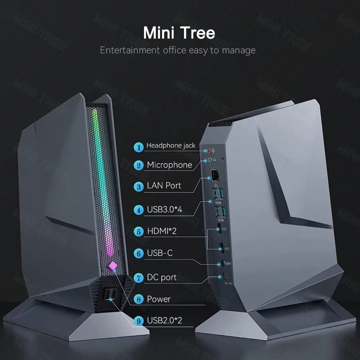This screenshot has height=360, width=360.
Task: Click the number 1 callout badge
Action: coord(139,147)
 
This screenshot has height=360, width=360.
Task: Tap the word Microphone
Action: coord(169,165)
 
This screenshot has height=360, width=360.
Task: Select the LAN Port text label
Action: coord(164,186)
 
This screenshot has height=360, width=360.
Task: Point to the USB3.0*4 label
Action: coord(165,209)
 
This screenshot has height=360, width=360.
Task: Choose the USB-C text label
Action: coord(160,253)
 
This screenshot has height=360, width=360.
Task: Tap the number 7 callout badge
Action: coord(139,278)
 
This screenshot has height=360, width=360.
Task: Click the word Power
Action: coord(159,299)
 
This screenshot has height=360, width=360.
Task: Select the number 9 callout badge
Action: coord(139,320)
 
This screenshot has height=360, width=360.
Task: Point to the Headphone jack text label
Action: coord(171,146)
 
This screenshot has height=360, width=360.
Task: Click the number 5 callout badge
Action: coord(139,231)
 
